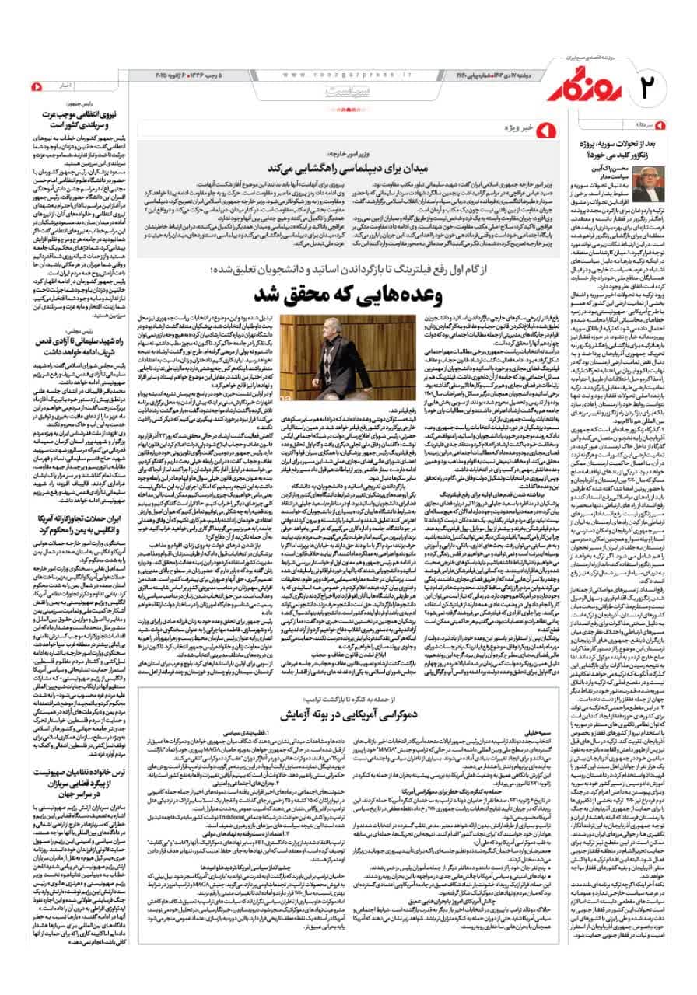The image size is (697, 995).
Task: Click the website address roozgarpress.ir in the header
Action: (345, 75)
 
